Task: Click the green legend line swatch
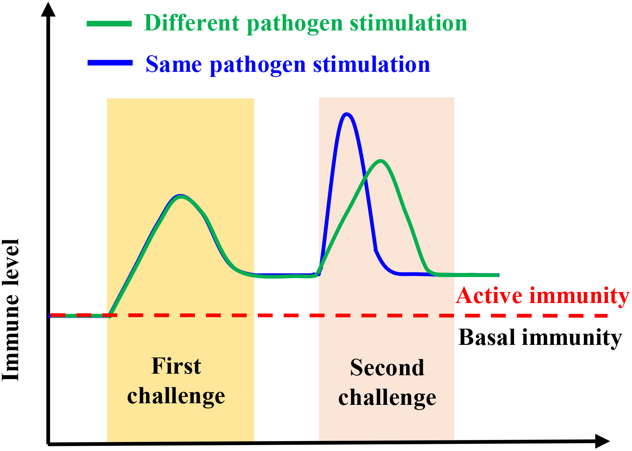pos(109,24)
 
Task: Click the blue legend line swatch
pos(110,63)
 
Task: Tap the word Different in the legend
pos(192,23)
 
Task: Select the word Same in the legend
pos(174,64)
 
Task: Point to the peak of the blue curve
pos(347,114)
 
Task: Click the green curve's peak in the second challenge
pos(381,161)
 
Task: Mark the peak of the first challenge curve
pos(180,196)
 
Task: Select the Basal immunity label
pos(540,337)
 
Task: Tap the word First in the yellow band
pos(176,366)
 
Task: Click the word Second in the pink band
pos(387,368)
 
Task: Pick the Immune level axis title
pos(10,310)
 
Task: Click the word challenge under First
pos(176,397)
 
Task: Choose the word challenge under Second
pos(387,398)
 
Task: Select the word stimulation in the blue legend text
pos(371,64)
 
